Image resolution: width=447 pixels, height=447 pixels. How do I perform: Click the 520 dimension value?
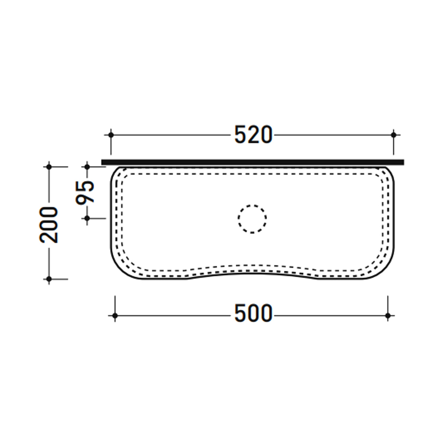[253, 134]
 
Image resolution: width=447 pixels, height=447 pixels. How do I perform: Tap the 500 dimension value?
[253, 313]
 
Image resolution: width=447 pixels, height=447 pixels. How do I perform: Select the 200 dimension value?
[48, 225]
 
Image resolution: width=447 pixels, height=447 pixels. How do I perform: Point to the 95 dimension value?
[85, 192]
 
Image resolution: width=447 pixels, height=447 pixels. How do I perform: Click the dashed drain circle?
[252, 205]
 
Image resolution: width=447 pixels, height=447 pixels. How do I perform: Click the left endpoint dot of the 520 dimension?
[111, 135]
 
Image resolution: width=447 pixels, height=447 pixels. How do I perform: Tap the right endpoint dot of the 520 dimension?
[393, 135]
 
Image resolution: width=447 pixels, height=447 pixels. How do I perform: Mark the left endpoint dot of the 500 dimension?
[115, 316]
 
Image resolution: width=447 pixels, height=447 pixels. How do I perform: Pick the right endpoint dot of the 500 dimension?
[388, 316]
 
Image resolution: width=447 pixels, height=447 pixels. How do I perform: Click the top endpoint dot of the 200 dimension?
[49, 167]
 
